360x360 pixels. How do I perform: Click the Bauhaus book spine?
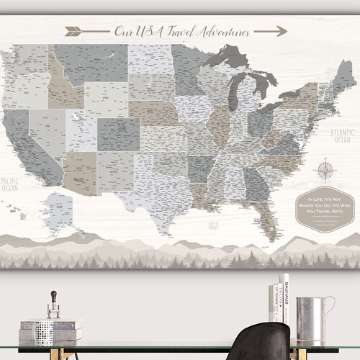284,302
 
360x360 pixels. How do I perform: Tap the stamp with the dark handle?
53,307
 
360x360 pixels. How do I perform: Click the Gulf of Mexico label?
214,225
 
